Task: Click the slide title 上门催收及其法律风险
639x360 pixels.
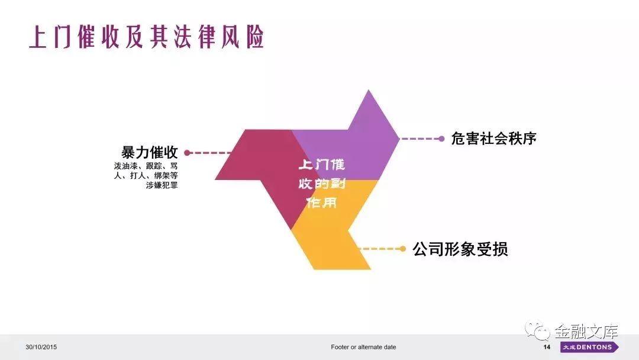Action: (x=147, y=37)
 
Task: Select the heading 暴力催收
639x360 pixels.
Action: (x=150, y=152)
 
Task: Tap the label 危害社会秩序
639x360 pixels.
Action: (x=493, y=138)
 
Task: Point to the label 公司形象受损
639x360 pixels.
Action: (x=460, y=249)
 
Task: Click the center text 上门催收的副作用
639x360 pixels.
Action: (x=321, y=184)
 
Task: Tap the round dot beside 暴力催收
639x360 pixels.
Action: (x=187, y=153)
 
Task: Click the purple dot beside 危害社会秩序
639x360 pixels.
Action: (x=441, y=139)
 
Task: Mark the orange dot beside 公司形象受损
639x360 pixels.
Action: (x=403, y=249)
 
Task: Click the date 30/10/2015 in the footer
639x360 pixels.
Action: (x=41, y=347)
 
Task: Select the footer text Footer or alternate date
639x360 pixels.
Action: (x=363, y=347)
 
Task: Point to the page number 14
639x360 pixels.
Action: (x=547, y=347)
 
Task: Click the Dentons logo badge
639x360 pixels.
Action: (x=589, y=347)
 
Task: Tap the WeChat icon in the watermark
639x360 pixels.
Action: (x=537, y=331)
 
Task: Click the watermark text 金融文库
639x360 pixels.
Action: (x=586, y=331)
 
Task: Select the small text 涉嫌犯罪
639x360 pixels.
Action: (x=162, y=185)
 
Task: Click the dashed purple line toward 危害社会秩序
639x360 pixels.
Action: (x=419, y=139)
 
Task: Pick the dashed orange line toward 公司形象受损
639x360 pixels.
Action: (x=379, y=249)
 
